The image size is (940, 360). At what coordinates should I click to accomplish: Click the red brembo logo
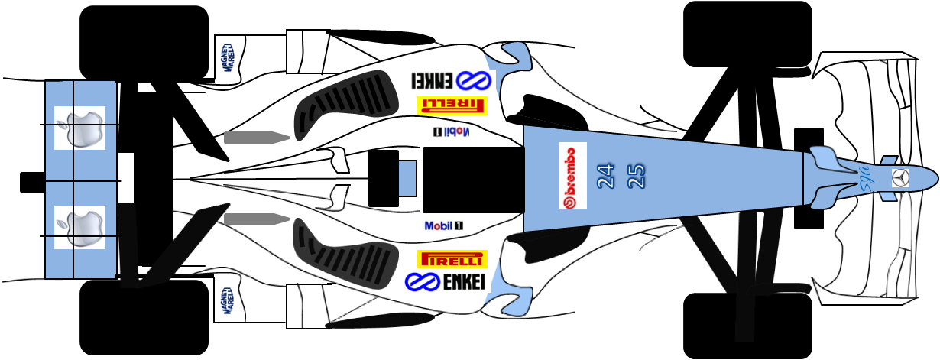pos(572,175)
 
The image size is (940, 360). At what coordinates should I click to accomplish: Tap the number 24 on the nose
pos(605,177)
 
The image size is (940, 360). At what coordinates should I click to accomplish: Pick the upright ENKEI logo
pos(443,281)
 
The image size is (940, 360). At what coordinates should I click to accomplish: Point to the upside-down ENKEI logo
pos(450,80)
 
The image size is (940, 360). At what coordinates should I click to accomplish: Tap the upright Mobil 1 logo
pos(444,226)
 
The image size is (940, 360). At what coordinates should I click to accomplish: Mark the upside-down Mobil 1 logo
pos(450,131)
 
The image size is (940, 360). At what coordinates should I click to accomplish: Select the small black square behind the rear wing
pos(31,182)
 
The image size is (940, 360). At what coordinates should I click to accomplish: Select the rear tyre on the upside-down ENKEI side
pos(144,43)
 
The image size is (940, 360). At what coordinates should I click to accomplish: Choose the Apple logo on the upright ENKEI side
pos(80,227)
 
